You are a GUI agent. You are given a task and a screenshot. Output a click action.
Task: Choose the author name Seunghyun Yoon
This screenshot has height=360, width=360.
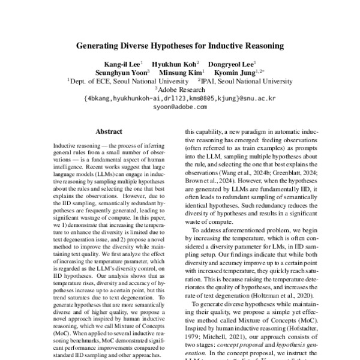coord(125,73)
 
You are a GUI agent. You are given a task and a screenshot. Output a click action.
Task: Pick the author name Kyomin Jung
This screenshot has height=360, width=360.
coord(230,73)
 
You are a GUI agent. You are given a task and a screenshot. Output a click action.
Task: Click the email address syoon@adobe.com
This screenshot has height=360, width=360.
coord(180,106)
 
